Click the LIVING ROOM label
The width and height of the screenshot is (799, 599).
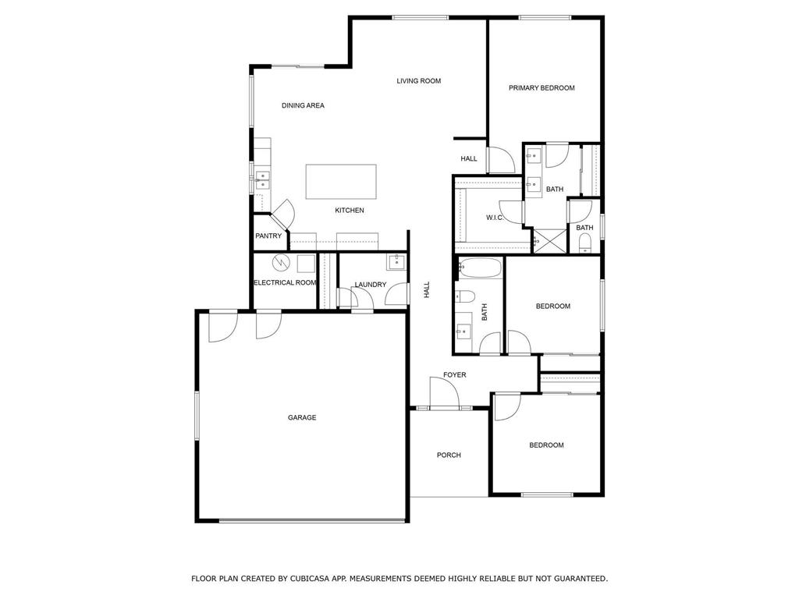(x=418, y=80)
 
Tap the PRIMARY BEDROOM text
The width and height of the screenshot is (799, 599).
(x=542, y=87)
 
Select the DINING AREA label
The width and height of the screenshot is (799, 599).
(x=303, y=105)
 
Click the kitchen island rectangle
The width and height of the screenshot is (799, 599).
(x=341, y=181)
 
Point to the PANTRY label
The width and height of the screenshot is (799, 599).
(x=268, y=236)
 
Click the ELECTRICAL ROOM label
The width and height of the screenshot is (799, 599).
(x=285, y=282)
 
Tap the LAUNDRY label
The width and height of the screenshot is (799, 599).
(x=371, y=284)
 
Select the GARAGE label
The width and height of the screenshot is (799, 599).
(x=302, y=417)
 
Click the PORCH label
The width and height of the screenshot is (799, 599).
(x=449, y=455)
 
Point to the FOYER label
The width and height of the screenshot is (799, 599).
(x=455, y=375)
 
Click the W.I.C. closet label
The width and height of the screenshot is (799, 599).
(x=494, y=218)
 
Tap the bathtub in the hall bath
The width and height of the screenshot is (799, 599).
(x=480, y=268)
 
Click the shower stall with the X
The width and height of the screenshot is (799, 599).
(x=550, y=240)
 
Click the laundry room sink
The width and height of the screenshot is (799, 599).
(x=396, y=263)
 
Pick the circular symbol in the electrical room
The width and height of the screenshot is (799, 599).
(x=280, y=263)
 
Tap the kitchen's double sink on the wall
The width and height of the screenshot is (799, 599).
(x=262, y=180)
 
